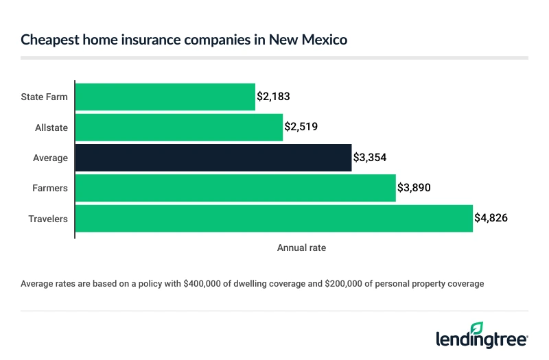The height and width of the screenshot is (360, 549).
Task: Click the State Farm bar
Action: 165,97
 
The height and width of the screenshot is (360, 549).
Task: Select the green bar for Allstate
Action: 178,127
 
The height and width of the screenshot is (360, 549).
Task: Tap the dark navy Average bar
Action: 213,158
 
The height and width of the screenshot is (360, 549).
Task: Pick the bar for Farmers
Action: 235,188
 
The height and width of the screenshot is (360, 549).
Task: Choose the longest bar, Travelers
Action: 273,218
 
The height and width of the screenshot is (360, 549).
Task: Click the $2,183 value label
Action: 273,97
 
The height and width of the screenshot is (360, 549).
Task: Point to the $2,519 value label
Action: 301,127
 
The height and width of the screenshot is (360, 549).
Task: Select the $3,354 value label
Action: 369,158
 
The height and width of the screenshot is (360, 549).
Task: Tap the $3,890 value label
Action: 414,188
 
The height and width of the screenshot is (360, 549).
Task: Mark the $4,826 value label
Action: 491,218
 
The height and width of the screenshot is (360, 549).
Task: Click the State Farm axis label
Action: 45,97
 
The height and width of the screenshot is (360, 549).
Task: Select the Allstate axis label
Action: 51,128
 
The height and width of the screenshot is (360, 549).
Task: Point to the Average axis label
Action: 51,158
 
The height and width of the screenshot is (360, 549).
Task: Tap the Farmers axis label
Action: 51,188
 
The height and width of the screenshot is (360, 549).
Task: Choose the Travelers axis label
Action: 48,218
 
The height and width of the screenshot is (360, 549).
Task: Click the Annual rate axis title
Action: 301,248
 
